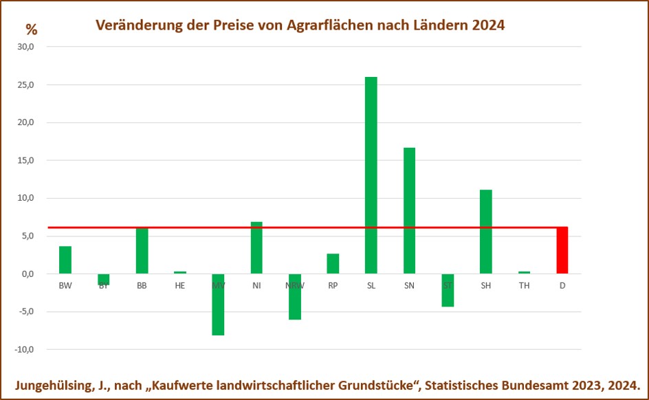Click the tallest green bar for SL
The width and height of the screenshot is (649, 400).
371,175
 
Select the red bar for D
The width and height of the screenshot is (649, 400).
562,250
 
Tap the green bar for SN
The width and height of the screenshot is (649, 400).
409,210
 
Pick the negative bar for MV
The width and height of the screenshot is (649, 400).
218,304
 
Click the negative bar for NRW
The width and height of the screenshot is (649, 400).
294,297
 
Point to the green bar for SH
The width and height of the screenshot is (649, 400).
485,232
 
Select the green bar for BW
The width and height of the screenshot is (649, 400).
65,260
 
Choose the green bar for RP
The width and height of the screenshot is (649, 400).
333,263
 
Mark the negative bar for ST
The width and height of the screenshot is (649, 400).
448,290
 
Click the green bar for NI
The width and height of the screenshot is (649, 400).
256,247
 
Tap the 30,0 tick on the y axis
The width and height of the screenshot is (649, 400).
26,47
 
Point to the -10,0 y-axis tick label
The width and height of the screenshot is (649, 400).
25,349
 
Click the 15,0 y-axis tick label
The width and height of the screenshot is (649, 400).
26,161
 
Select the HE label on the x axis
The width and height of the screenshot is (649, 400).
180,285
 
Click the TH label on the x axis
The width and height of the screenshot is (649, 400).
524,285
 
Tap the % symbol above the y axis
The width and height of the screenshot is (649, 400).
32,30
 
